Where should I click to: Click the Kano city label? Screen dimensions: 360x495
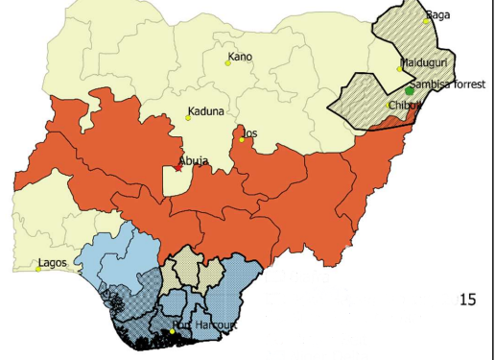241,57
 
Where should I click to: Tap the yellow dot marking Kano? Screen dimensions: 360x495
228,63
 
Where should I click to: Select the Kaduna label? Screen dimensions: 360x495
206,111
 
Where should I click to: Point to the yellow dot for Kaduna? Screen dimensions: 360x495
188,118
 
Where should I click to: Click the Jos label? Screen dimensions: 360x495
251,132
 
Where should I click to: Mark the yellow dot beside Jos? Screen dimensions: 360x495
242,140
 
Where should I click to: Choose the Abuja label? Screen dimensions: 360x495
195,161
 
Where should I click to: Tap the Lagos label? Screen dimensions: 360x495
53,262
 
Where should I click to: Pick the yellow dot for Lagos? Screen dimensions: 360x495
38,269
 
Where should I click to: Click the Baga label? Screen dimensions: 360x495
437,14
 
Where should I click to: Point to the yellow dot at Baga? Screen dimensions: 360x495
428,20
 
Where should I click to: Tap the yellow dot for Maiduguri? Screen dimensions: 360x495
400,68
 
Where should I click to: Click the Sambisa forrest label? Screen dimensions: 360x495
450,84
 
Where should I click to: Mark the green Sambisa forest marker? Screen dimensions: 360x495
410,91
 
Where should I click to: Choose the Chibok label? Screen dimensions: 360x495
405,105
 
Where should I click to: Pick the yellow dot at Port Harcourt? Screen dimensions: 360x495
173,331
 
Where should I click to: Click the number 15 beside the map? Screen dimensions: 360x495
468,300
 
